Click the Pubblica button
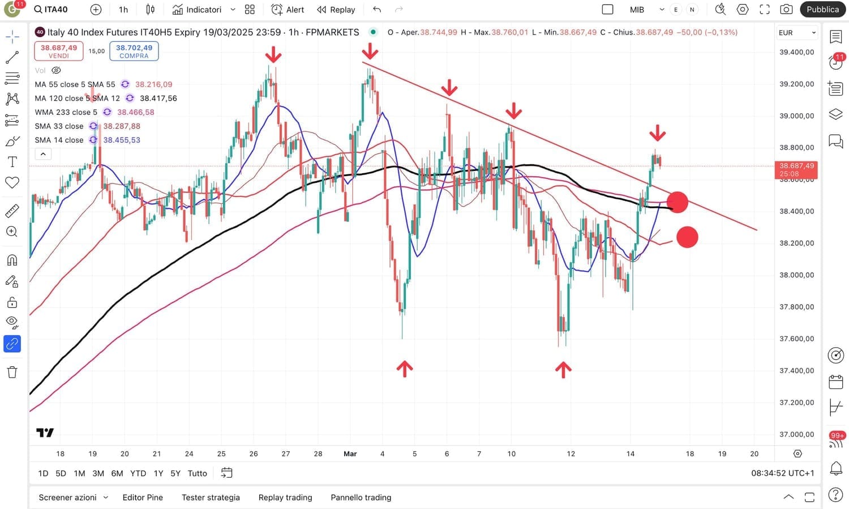822,10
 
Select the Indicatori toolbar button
197,10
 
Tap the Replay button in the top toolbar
336,10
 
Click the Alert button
288,10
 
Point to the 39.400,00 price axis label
796,52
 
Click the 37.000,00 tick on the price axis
796,434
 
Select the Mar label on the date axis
350,454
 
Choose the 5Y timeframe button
175,473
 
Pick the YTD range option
138,473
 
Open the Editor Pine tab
143,497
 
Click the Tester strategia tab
211,497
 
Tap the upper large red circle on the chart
677,202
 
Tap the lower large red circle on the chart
687,237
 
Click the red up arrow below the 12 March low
563,370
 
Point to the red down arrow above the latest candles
657,133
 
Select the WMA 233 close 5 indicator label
66,112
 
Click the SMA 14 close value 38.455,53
122,140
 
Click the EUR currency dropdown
796,33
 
